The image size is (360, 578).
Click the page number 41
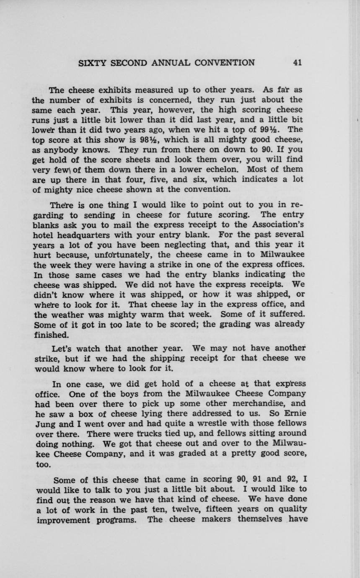tap(298, 63)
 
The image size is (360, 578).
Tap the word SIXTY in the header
tap(93, 63)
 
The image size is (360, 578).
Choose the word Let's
tap(63, 348)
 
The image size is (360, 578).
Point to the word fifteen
tap(225, 510)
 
